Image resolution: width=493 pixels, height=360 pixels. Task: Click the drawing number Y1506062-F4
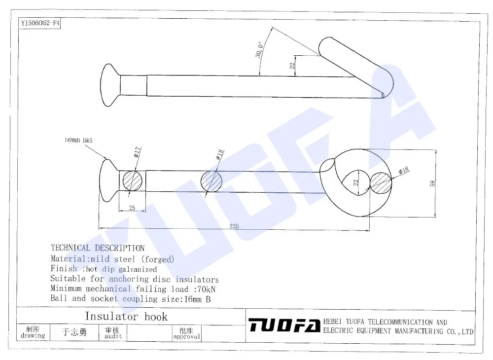39,23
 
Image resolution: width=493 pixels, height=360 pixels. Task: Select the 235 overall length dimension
234,226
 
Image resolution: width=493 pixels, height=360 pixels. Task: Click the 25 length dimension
132,208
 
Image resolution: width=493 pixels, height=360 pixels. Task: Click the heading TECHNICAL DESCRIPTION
98,248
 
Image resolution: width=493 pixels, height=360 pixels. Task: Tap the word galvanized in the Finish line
138,269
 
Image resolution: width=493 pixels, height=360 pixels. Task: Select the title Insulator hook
126,316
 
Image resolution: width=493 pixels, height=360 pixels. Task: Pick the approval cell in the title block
186,333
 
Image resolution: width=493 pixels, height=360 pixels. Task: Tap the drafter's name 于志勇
74,332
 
